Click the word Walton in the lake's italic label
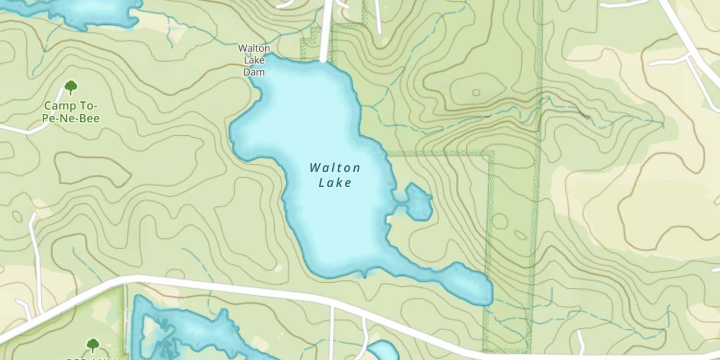pos(335,168)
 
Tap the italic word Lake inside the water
pos(335,182)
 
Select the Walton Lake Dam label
pos(254,60)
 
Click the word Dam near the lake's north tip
pos(254,72)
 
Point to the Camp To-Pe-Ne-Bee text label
pos(71,112)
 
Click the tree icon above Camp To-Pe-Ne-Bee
pos(71,87)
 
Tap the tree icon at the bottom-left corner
pos(93,345)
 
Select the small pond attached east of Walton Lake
pos(418,202)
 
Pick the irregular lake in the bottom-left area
pos(192,331)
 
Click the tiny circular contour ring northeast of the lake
pos(476,93)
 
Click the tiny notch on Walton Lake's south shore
pos(365,275)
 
